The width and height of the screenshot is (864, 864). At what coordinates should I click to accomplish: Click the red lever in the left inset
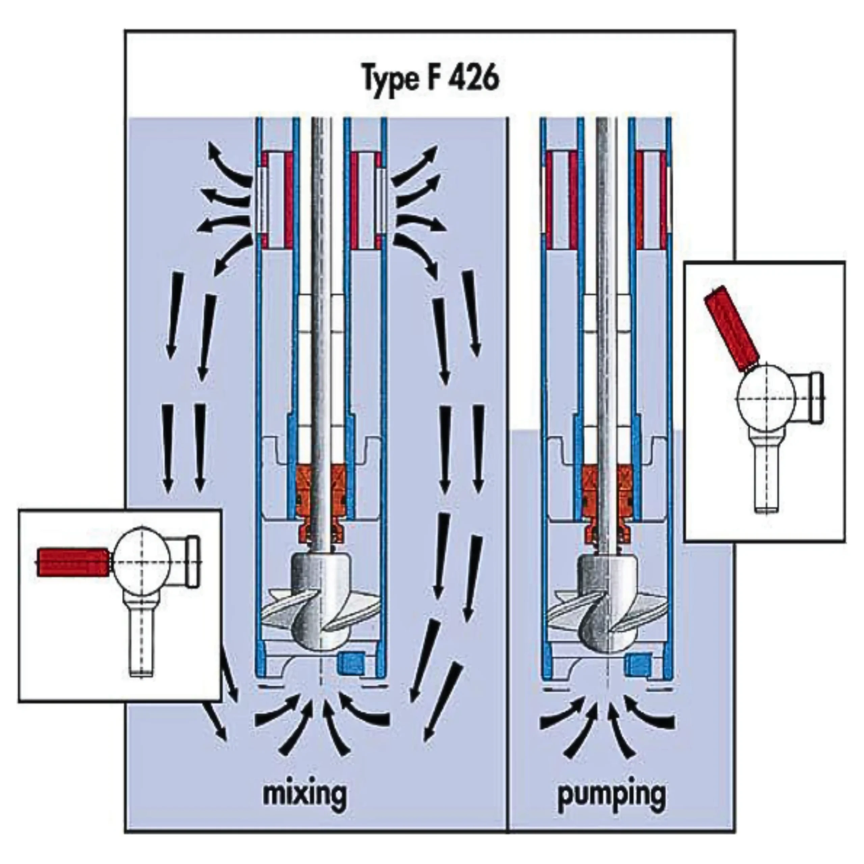[x=73, y=562]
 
